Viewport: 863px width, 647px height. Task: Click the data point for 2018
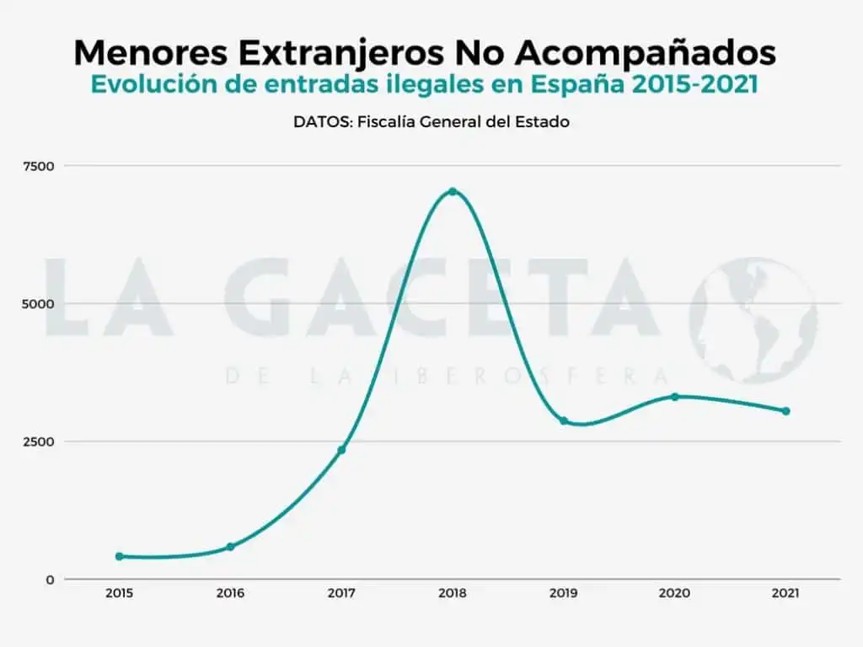pos(453,191)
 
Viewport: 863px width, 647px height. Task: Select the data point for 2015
pos(119,556)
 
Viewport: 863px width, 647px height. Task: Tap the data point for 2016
pos(230,547)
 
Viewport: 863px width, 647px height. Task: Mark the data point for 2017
pos(341,450)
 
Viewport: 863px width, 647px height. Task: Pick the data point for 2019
pos(564,420)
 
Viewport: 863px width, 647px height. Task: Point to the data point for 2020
pos(674,396)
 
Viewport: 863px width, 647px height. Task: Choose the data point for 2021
pos(785,411)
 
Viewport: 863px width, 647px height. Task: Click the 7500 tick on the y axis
pos(39,166)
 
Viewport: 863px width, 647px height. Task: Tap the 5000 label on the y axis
pos(39,303)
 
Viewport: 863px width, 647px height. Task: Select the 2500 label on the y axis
pos(39,441)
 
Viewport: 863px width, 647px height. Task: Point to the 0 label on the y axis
pos(50,580)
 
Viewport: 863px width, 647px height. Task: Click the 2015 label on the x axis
pos(119,593)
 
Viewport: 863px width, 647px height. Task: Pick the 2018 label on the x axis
pos(453,593)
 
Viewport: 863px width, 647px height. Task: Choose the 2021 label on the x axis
pos(785,593)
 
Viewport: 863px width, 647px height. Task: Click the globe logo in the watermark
pos(753,320)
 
